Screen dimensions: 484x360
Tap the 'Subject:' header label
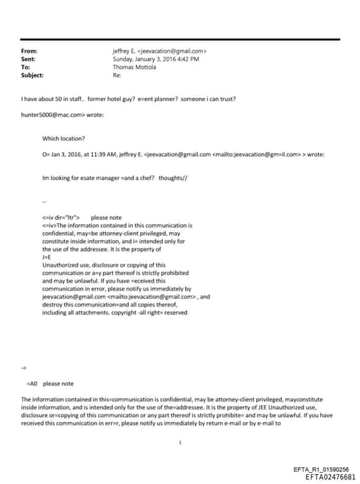[x=32, y=75]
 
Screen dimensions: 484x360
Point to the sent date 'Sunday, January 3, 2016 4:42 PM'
[x=155, y=59]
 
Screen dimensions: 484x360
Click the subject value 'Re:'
[x=117, y=75]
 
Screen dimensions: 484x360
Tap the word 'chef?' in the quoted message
[x=144, y=179]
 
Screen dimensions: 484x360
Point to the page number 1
[x=181, y=442]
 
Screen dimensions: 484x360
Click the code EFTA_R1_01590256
[x=321, y=469]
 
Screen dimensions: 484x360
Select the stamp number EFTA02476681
[x=326, y=477]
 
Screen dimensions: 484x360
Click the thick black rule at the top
[x=179, y=39]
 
